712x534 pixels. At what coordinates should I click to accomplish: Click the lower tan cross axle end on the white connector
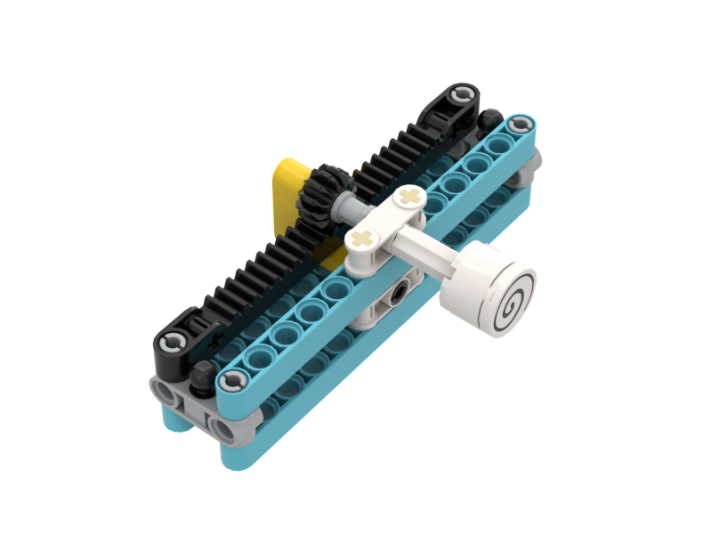pyautogui.click(x=360, y=238)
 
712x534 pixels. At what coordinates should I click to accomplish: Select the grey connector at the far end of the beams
pyautogui.click(x=531, y=165)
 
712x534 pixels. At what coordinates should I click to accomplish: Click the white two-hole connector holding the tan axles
pyautogui.click(x=384, y=217)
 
